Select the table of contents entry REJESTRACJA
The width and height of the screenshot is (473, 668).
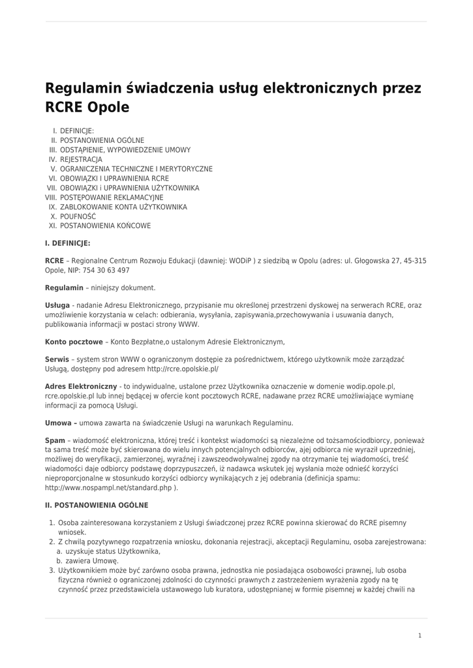(81, 159)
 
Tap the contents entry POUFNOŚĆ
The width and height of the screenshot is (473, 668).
(78, 216)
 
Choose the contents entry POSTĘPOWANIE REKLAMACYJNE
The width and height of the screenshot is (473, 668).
(112, 197)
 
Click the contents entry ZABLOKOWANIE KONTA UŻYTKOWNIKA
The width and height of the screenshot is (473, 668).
(123, 207)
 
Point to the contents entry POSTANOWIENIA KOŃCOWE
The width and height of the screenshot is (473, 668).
(105, 226)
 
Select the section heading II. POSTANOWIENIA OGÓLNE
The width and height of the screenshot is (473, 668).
(97, 505)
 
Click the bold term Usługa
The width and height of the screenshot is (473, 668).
(57, 305)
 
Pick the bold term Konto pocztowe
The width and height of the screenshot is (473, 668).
(74, 341)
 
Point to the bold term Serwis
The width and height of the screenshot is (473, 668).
(57, 359)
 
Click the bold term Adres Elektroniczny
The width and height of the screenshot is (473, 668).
(81, 386)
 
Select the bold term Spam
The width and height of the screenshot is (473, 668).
(55, 440)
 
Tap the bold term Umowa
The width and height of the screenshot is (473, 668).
(58, 423)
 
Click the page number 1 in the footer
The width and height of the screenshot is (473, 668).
(420, 635)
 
